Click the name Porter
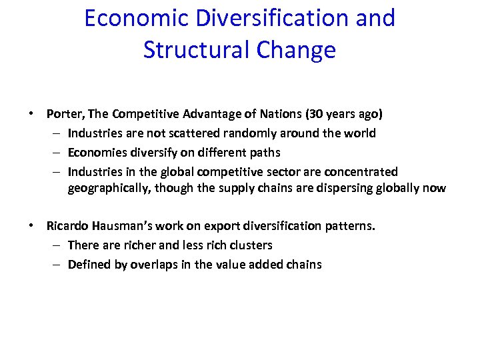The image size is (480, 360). tap(63, 114)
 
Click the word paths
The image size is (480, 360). tap(265, 153)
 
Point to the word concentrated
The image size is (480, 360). tap(363, 172)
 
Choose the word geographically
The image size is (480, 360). tap(108, 188)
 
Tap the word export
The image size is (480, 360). tap(213, 226)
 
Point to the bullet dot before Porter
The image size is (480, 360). tap(31, 114)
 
